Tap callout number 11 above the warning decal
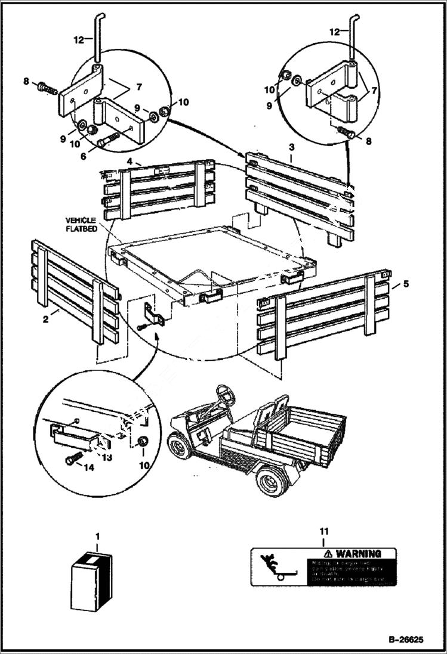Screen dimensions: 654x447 pos(323,531)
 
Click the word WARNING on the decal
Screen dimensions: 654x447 pos(360,554)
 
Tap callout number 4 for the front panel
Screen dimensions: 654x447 pos(130,161)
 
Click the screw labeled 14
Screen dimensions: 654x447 pos(71,460)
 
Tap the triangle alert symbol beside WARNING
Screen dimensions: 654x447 pos(324,554)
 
